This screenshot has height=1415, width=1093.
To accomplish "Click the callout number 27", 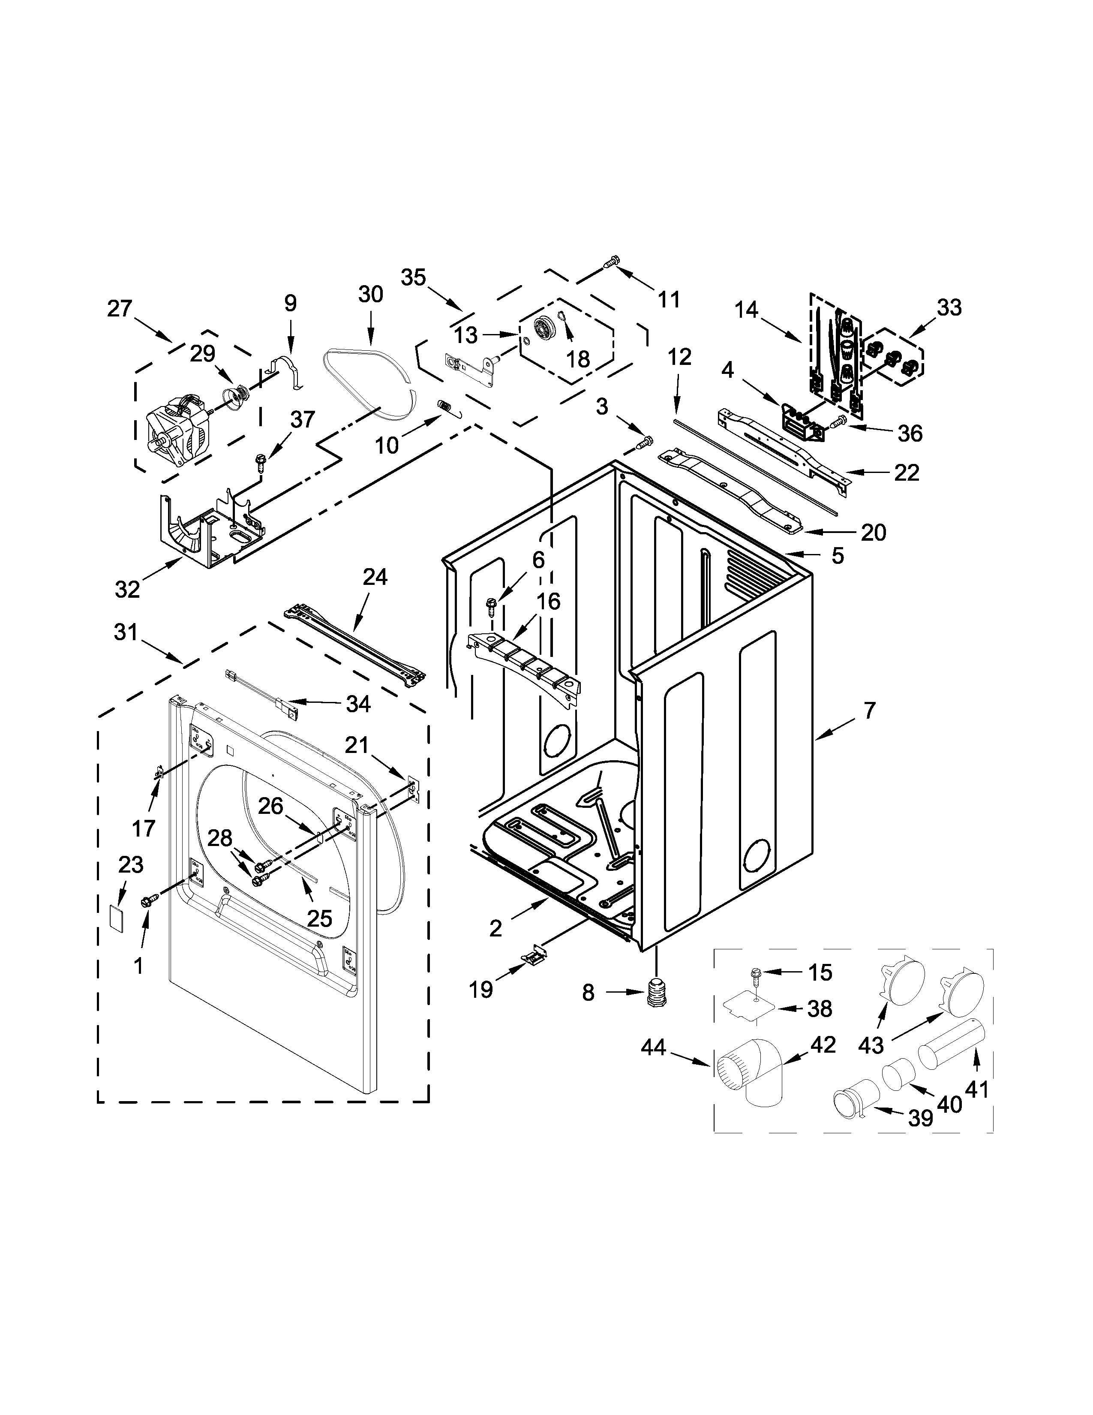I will click(119, 308).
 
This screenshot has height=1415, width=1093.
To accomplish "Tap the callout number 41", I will click(976, 1089).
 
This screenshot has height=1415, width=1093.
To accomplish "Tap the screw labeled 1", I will click(147, 901).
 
